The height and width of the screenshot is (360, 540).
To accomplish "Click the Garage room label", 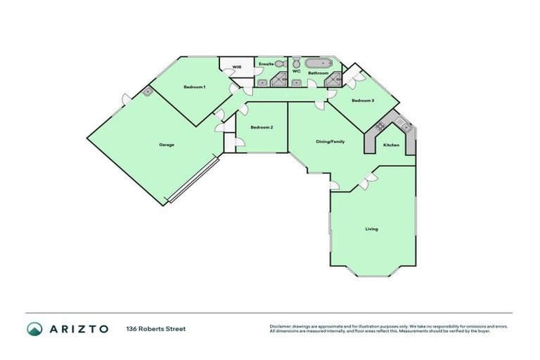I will [x=167, y=145].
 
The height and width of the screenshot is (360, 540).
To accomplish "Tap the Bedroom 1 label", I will [x=194, y=87].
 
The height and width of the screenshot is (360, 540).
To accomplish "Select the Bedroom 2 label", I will [x=262, y=127].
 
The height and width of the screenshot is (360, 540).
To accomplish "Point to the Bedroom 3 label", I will [x=363, y=101].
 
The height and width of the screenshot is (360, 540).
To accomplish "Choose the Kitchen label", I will [x=391, y=145].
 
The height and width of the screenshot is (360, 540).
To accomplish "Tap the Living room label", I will [x=371, y=229].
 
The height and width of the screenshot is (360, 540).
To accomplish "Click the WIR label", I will [x=237, y=67].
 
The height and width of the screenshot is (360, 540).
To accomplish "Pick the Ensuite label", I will [x=266, y=64].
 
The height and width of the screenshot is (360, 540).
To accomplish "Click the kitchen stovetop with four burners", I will [x=380, y=126].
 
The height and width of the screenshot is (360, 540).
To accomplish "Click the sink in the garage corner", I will [x=148, y=92].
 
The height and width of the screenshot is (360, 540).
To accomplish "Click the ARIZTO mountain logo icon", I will [x=34, y=328].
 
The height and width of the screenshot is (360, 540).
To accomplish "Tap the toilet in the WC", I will [x=296, y=62].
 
